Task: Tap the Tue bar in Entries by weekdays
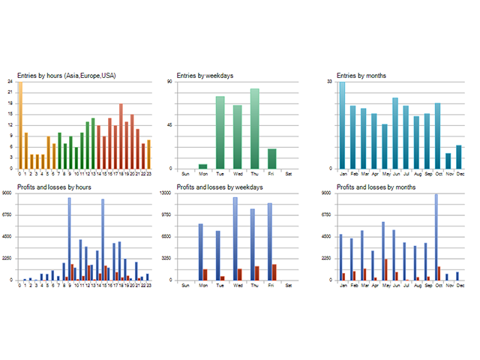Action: [x=220, y=133]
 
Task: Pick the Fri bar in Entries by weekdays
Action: [x=271, y=159]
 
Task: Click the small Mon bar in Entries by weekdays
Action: [x=202, y=166]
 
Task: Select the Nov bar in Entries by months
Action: [x=448, y=161]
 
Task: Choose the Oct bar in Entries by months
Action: [x=437, y=136]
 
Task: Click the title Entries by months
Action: [x=361, y=75]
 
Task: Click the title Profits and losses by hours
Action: [x=56, y=187]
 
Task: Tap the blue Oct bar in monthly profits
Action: [x=436, y=237]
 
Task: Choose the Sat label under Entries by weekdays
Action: [x=289, y=173]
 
